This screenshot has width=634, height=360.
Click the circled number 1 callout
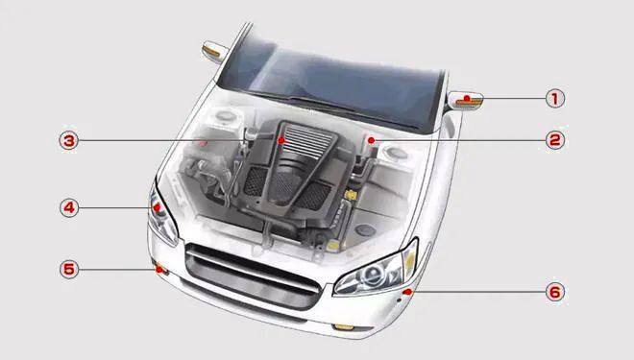[x=555, y=98]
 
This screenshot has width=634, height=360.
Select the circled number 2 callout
[x=555, y=140]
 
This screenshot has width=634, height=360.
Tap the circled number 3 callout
[x=69, y=140]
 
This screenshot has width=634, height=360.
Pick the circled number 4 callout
[x=69, y=207]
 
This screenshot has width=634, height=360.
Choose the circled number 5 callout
[x=69, y=269]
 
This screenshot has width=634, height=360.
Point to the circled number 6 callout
[x=555, y=292]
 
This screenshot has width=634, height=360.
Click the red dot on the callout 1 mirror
[x=467, y=98]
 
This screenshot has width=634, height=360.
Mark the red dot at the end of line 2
[x=371, y=140]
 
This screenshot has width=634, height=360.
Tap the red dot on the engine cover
[x=281, y=140]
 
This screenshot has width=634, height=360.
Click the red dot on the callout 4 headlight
[x=157, y=207]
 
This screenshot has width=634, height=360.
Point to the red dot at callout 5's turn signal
[x=159, y=269]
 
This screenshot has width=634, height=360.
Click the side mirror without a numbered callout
[x=214, y=52]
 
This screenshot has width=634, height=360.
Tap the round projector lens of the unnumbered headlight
[x=371, y=275]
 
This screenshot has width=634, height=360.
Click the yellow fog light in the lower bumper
[x=344, y=326]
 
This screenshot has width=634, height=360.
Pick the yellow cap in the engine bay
[x=351, y=195]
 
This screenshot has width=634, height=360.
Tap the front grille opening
[x=253, y=276]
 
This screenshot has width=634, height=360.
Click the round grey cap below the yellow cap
[x=366, y=229]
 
